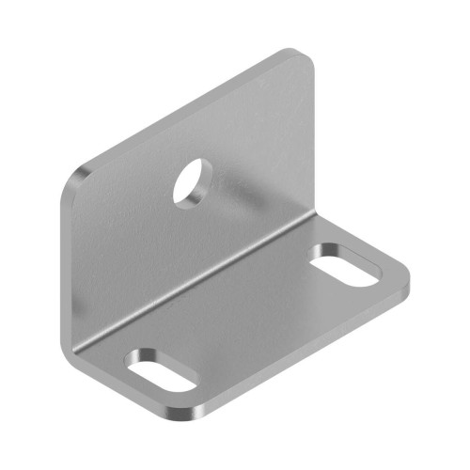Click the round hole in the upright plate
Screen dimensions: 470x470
coord(193,180)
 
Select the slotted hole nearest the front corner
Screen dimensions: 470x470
coord(163,369)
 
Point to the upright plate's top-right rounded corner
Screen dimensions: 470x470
coord(304,58)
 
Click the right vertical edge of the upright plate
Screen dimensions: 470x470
coord(313,141)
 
